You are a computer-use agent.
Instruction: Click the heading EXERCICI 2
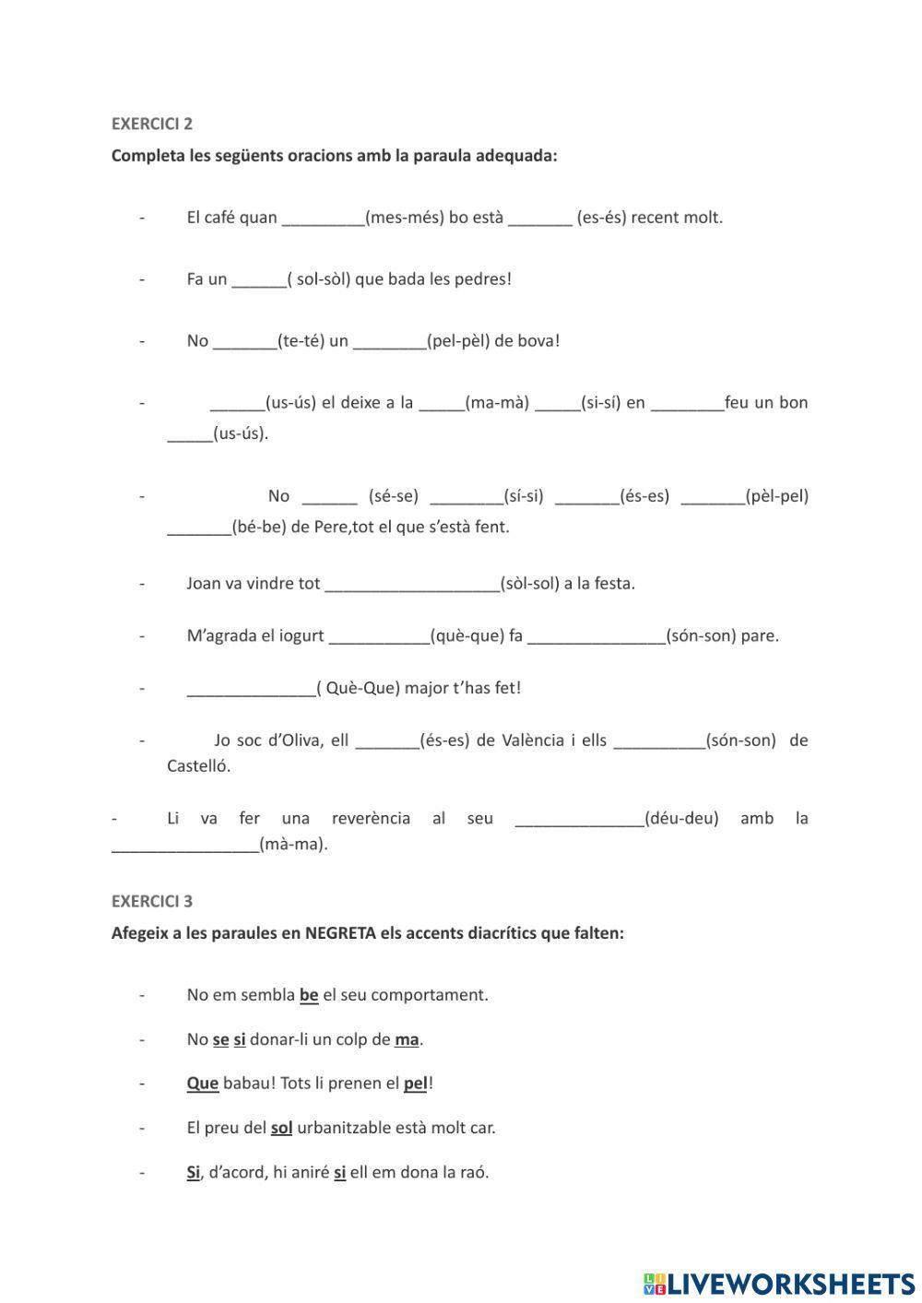[x=152, y=124]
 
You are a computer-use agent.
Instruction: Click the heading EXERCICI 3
[x=152, y=901]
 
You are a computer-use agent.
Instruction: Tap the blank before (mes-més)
[x=323, y=219]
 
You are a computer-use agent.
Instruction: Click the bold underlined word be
[x=309, y=995]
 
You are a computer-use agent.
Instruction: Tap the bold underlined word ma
[x=407, y=1039]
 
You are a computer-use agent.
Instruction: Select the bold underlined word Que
[x=202, y=1084]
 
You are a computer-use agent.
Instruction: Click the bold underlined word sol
[x=281, y=1128]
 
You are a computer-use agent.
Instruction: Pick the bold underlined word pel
[x=415, y=1084]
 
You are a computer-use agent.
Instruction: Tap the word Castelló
[x=198, y=765]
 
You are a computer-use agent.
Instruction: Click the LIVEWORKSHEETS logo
[x=779, y=1283]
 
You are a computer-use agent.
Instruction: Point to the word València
[x=533, y=740]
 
